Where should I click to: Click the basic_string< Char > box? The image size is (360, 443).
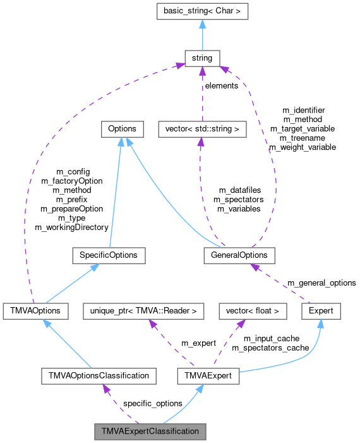[201, 11]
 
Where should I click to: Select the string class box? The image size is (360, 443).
[201, 58]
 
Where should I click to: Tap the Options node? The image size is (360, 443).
[122, 128]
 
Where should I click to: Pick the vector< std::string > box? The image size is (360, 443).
[201, 128]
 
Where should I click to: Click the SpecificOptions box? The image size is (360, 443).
[109, 255]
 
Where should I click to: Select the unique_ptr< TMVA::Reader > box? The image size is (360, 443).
[144, 311]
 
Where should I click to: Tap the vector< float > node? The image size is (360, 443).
[253, 311]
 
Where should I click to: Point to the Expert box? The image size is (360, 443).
[321, 311]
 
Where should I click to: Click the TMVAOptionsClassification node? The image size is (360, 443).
[99, 375]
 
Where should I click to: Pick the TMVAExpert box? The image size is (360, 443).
[208, 375]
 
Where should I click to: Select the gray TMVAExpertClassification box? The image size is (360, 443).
[150, 432]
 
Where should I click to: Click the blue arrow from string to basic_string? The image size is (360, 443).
[201, 35]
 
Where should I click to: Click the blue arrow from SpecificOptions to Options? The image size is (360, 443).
[116, 190]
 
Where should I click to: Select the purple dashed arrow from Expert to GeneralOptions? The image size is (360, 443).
[284, 284]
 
